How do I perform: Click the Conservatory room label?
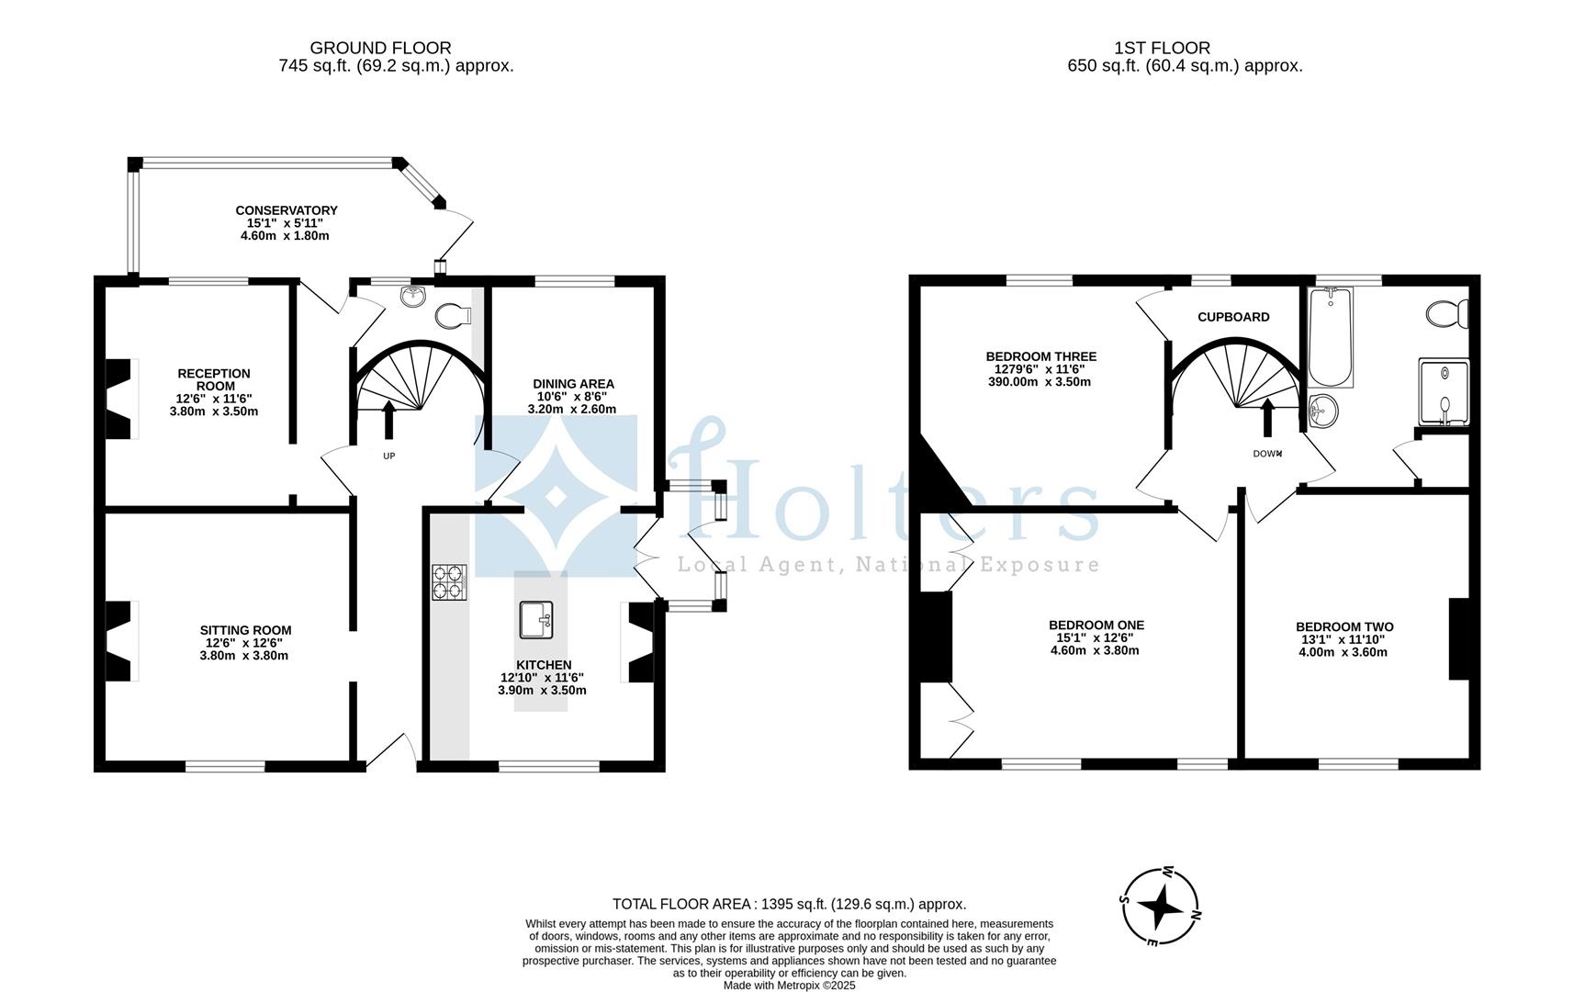click(286, 210)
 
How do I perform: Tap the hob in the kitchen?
click(449, 582)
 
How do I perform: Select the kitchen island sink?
click(536, 619)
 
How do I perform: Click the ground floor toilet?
click(454, 316)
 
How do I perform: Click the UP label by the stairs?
click(388, 456)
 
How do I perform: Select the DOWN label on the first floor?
click(1267, 454)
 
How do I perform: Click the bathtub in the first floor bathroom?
click(1330, 337)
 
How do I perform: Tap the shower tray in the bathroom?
click(1444, 392)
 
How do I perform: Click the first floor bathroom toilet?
click(1447, 313)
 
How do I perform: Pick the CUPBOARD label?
click(1233, 317)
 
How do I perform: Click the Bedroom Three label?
click(1040, 356)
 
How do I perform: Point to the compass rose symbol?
click(1160, 907)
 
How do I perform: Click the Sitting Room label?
click(245, 630)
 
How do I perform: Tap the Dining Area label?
click(573, 384)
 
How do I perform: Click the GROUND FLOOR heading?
click(380, 48)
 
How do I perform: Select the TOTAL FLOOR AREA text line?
click(789, 904)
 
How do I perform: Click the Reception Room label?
click(214, 379)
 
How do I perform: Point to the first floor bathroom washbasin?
click(1321, 410)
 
